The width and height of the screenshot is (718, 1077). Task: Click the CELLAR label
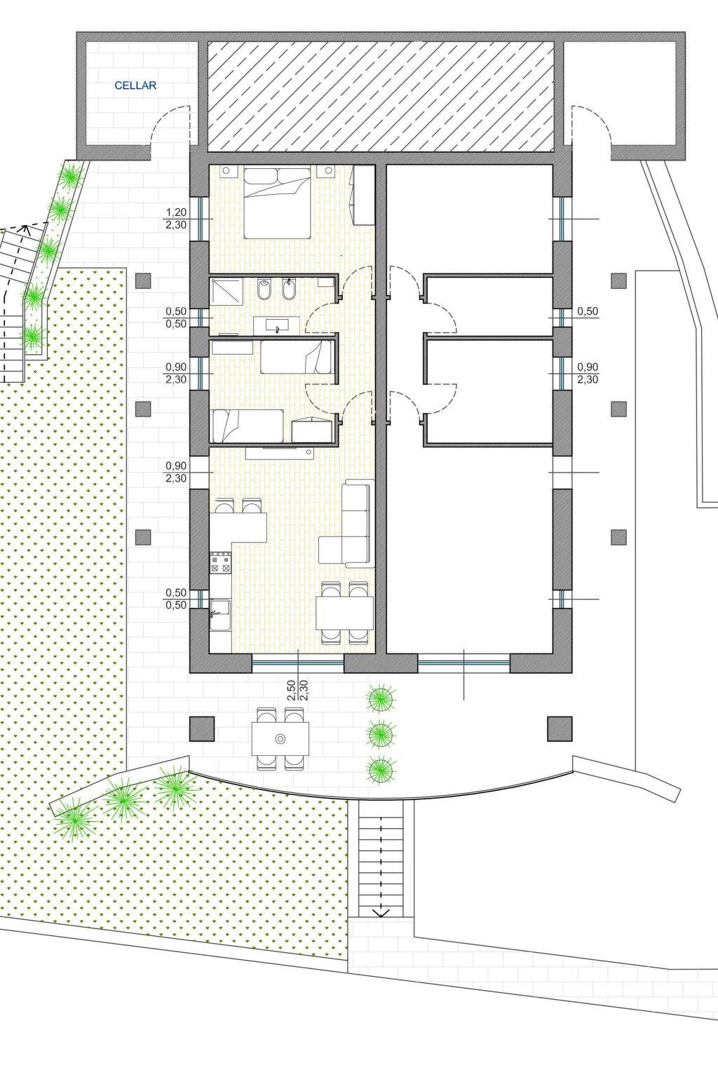135,86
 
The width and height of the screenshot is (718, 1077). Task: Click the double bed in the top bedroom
277,203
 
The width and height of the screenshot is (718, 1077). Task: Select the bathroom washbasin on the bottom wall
276,325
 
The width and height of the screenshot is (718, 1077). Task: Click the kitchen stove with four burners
221,563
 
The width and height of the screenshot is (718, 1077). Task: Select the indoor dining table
345,612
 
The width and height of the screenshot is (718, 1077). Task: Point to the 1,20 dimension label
176,212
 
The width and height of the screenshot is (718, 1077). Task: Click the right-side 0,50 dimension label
588,311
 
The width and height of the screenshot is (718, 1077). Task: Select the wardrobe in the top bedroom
364,195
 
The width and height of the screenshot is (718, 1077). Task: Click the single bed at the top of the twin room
296,356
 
